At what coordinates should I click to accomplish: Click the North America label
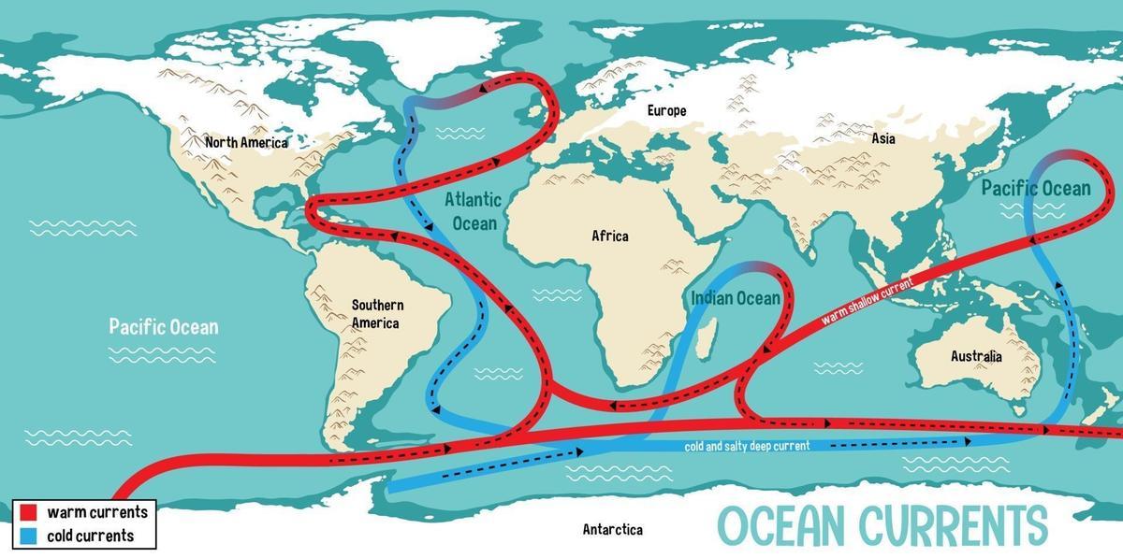tap(246, 143)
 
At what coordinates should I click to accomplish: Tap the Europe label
tap(666, 110)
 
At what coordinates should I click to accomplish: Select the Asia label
tap(882, 138)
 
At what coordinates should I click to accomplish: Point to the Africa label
tap(609, 236)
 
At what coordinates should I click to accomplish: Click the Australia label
tap(975, 356)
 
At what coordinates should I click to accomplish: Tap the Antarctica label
tap(612, 529)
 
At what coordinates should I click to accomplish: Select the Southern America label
tap(377, 314)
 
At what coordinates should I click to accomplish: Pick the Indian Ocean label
tap(735, 298)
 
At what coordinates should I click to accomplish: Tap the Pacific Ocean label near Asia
tap(1035, 189)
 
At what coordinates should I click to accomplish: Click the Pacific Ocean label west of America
tap(163, 326)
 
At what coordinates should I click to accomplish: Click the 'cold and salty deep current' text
tap(746, 446)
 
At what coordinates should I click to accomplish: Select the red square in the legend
tap(28, 512)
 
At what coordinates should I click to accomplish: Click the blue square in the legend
tap(28, 536)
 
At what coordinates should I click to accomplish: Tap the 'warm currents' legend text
tap(97, 512)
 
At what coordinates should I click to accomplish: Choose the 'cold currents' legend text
tap(92, 536)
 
